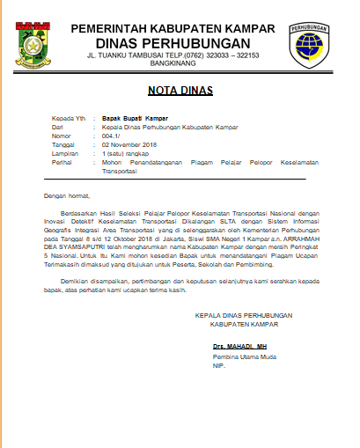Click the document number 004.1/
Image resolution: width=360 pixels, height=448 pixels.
tap(113, 136)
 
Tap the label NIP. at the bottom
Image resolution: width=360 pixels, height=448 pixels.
tap(218, 367)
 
